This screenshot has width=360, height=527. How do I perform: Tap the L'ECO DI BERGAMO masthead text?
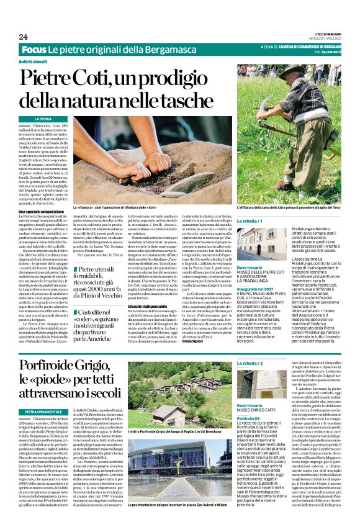[x=324, y=35]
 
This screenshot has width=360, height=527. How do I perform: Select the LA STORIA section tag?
[x=43, y=118]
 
